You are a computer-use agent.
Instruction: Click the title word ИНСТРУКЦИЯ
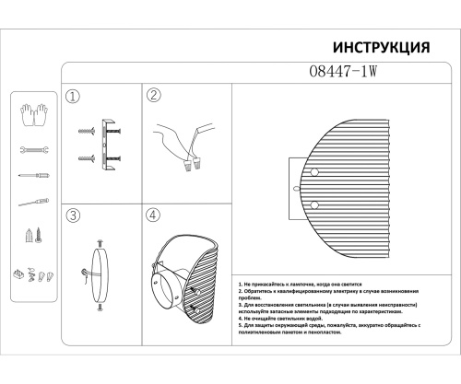coord(379,48)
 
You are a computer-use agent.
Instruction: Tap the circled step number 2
coord(154,95)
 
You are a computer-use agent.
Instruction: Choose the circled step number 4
coord(154,215)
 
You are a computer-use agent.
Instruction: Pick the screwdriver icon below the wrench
coord(30,175)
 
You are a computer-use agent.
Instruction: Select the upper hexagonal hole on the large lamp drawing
coord(315,172)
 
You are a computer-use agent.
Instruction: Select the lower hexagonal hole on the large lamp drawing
coord(315,204)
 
